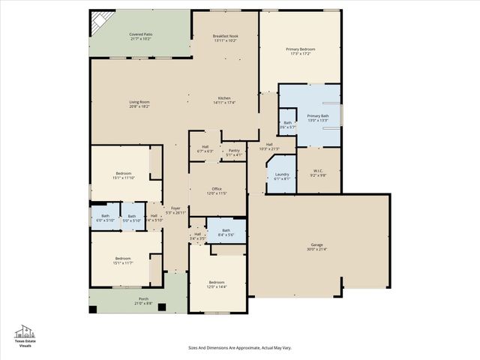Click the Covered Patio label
(140, 34)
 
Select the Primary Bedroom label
(300, 49)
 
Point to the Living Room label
(139, 102)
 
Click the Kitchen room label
(224, 99)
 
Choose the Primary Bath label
(318, 116)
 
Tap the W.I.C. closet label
(318, 170)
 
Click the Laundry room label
(281, 175)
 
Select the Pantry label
(234, 151)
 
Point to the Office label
(217, 189)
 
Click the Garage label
(317, 244)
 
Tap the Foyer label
(175, 208)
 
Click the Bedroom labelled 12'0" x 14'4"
(217, 282)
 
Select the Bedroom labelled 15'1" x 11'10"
(124, 174)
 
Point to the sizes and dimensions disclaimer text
(239, 348)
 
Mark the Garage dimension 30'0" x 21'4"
(317, 249)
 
